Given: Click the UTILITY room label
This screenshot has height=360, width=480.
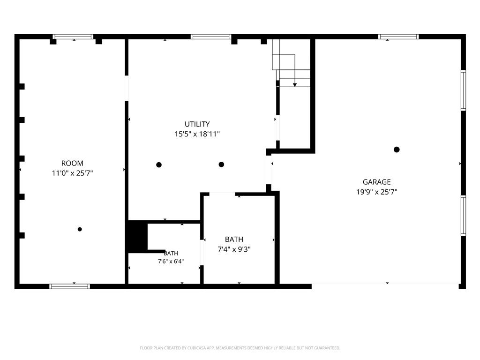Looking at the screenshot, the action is [197, 124].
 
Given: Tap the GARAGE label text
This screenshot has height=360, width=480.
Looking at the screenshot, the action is [376, 182].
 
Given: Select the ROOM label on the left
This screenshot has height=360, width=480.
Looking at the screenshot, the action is [72, 163].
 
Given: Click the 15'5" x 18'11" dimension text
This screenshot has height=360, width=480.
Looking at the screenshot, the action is [197, 134].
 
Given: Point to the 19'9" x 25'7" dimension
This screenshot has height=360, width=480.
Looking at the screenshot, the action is [376, 192].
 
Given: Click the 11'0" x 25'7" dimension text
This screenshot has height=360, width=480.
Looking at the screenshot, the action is [72, 173].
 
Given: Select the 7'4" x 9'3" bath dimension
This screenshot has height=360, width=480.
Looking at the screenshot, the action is [234, 249].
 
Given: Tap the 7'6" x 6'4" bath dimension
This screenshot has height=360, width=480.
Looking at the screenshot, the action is [171, 262].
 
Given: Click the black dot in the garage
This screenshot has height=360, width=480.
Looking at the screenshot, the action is [397, 150].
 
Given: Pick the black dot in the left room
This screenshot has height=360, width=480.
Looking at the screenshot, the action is [80, 229].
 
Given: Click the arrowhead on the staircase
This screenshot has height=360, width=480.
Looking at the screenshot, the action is [295, 85].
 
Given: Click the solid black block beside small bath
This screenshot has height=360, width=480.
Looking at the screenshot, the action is [138, 236].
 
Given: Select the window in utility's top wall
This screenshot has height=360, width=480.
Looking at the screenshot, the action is [211, 37].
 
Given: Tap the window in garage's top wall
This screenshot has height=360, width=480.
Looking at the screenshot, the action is [398, 37].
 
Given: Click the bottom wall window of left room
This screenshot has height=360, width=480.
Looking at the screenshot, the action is [70, 286].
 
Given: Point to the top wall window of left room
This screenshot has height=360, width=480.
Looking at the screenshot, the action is [73, 37].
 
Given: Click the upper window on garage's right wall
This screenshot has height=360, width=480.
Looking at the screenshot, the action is [464, 90].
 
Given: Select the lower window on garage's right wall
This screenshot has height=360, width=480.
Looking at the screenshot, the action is [464, 216].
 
